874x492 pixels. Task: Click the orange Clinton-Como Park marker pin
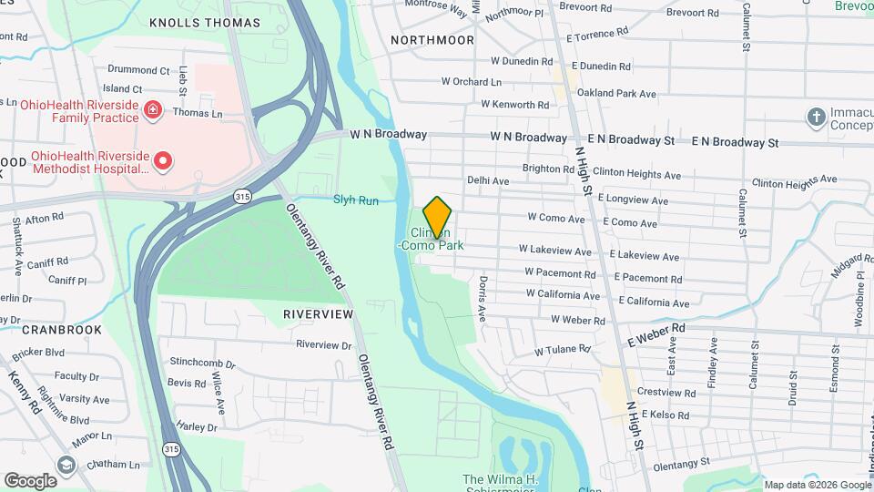click(437, 217)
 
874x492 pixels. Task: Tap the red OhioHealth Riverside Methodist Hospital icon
click(163, 162)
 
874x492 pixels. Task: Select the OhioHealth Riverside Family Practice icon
click(154, 111)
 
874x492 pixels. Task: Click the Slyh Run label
click(355, 200)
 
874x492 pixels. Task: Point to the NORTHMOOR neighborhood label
click(432, 40)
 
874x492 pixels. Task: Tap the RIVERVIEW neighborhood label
click(318, 313)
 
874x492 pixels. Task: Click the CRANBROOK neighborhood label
click(60, 329)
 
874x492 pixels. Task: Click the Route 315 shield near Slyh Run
click(242, 195)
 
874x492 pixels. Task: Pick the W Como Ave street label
click(556, 219)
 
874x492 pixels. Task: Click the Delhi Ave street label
click(488, 181)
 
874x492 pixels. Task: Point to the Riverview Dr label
click(324, 345)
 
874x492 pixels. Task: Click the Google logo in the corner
click(30, 480)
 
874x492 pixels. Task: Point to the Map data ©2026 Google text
click(818, 485)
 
